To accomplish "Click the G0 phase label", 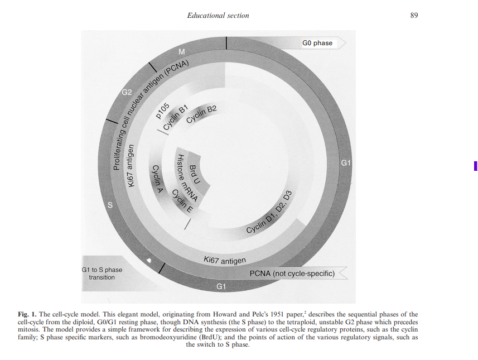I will (x=317, y=43).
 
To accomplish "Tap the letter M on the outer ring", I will (x=181, y=52).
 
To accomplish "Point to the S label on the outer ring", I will (x=110, y=205).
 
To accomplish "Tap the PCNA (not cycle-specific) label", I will (x=292, y=273).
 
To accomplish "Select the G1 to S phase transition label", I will (x=102, y=273).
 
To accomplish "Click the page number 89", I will (x=414, y=16).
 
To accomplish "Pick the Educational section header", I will (x=218, y=16).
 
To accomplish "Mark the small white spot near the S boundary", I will (x=148, y=260).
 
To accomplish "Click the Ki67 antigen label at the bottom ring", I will (x=224, y=260).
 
